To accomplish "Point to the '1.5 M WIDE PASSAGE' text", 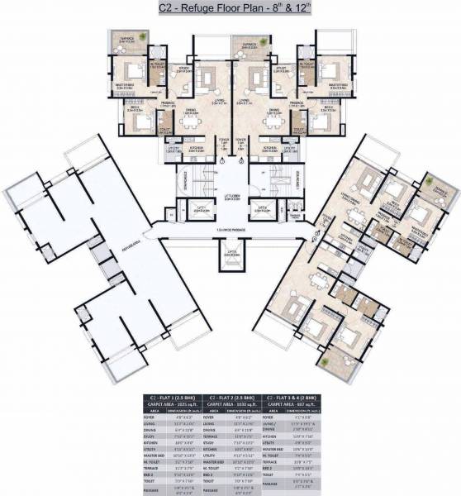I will [232, 229].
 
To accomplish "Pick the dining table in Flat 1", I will [192, 121].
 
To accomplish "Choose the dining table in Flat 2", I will [273, 121].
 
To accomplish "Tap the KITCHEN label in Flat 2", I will [269, 149].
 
